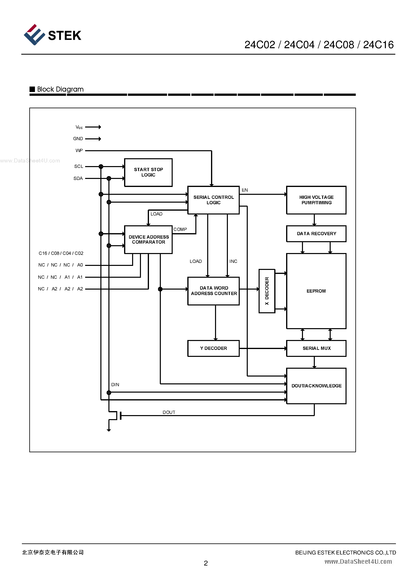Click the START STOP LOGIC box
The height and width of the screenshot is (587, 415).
tap(148, 172)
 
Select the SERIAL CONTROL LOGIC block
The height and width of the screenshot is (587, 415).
tap(213, 200)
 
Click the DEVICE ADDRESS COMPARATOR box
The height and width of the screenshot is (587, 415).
tap(148, 240)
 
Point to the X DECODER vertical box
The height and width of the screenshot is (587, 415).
tap(267, 291)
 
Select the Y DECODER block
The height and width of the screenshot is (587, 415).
tap(213, 348)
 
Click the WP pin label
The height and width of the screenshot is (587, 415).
tap(79, 151)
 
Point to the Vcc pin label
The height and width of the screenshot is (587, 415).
tap(79, 127)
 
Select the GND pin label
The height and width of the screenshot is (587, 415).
tap(78, 139)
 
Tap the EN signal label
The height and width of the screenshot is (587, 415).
tap(245, 190)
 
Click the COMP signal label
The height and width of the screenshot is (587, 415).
tap(180, 229)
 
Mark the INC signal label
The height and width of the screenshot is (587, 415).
tap(233, 261)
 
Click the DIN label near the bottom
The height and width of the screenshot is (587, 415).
tap(115, 385)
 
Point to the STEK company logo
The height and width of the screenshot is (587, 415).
tap(52, 35)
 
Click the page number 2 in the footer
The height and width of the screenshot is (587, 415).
tap(206, 563)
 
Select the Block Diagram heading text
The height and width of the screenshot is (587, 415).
tap(60, 89)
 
